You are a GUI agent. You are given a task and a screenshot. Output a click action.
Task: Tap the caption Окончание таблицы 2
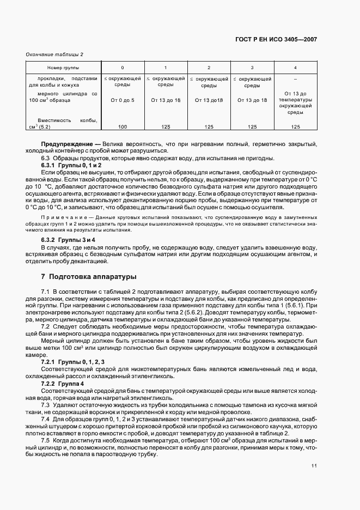point(54,54)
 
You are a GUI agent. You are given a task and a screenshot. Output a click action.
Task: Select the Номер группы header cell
point(63,68)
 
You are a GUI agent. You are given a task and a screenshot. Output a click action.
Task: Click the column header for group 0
point(122,68)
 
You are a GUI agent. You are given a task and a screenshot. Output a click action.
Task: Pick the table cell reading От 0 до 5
point(122,100)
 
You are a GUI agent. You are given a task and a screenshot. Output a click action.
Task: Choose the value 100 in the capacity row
point(122,126)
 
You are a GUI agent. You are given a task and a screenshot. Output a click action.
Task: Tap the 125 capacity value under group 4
point(295,126)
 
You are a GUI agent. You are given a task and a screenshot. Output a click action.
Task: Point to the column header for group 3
point(252,68)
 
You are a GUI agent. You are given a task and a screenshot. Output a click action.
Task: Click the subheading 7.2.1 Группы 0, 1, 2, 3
point(73,362)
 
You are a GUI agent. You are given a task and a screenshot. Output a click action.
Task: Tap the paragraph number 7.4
point(46,419)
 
